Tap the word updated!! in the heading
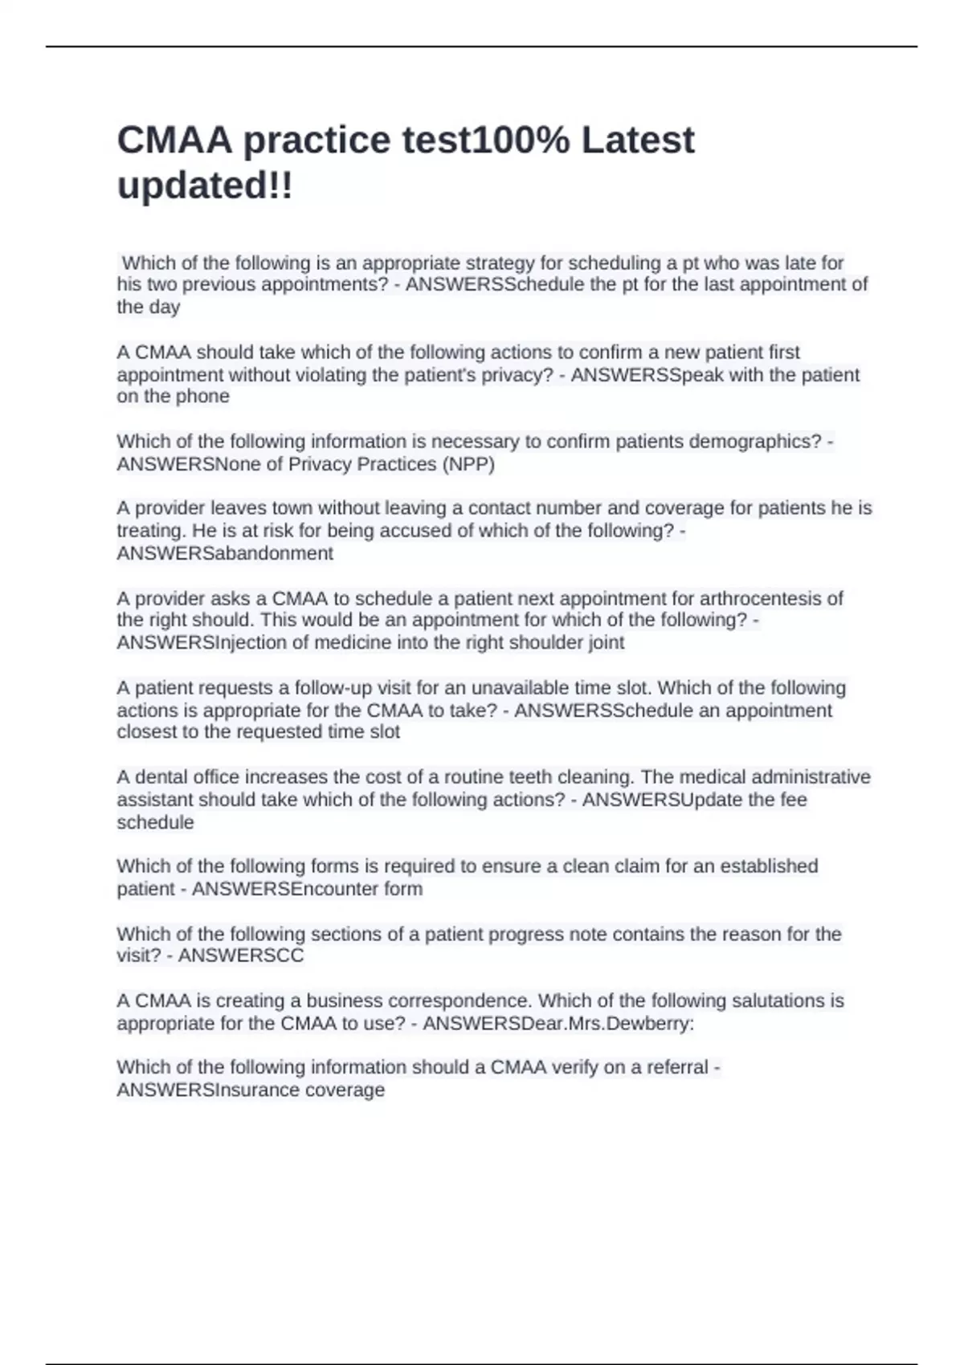(x=205, y=187)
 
